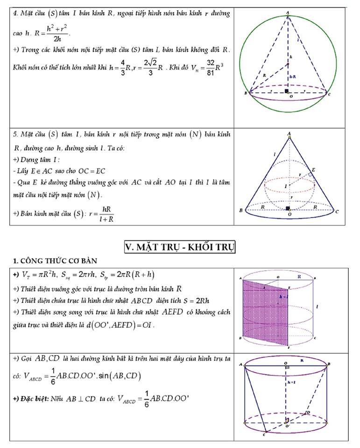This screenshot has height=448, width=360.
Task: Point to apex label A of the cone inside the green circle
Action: pyautogui.click(x=288, y=13)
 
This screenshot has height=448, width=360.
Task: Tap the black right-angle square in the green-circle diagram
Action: pyautogui.click(x=286, y=91)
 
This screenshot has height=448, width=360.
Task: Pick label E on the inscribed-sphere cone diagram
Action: pyautogui.click(x=313, y=170)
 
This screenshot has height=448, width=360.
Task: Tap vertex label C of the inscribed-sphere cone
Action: pyautogui.click(x=337, y=211)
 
